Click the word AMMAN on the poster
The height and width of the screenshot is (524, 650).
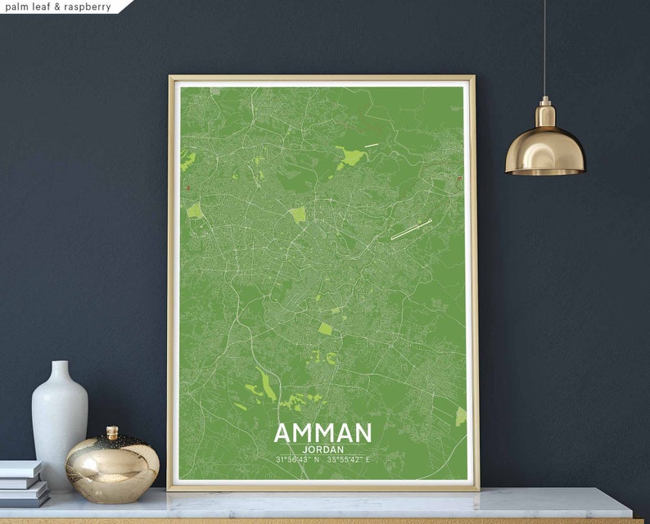pyautogui.click(x=322, y=432)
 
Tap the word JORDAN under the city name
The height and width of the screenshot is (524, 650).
pyautogui.click(x=322, y=449)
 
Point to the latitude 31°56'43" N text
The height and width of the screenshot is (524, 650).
pyautogui.click(x=297, y=459)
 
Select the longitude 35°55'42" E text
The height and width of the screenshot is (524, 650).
pyautogui.click(x=350, y=459)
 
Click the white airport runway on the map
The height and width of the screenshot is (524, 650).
pyautogui.click(x=411, y=229)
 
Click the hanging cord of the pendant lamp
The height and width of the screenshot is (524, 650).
pyautogui.click(x=544, y=49)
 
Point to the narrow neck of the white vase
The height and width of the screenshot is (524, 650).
pyautogui.click(x=60, y=373)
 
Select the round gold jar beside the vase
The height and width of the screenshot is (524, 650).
pyautogui.click(x=112, y=468)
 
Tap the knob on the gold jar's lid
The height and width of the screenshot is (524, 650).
pyautogui.click(x=112, y=431)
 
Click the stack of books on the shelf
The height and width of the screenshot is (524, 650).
pyautogui.click(x=22, y=483)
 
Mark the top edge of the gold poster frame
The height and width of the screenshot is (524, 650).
pyautogui.click(x=322, y=79)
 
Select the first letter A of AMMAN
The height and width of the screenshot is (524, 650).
pyautogui.click(x=282, y=432)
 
